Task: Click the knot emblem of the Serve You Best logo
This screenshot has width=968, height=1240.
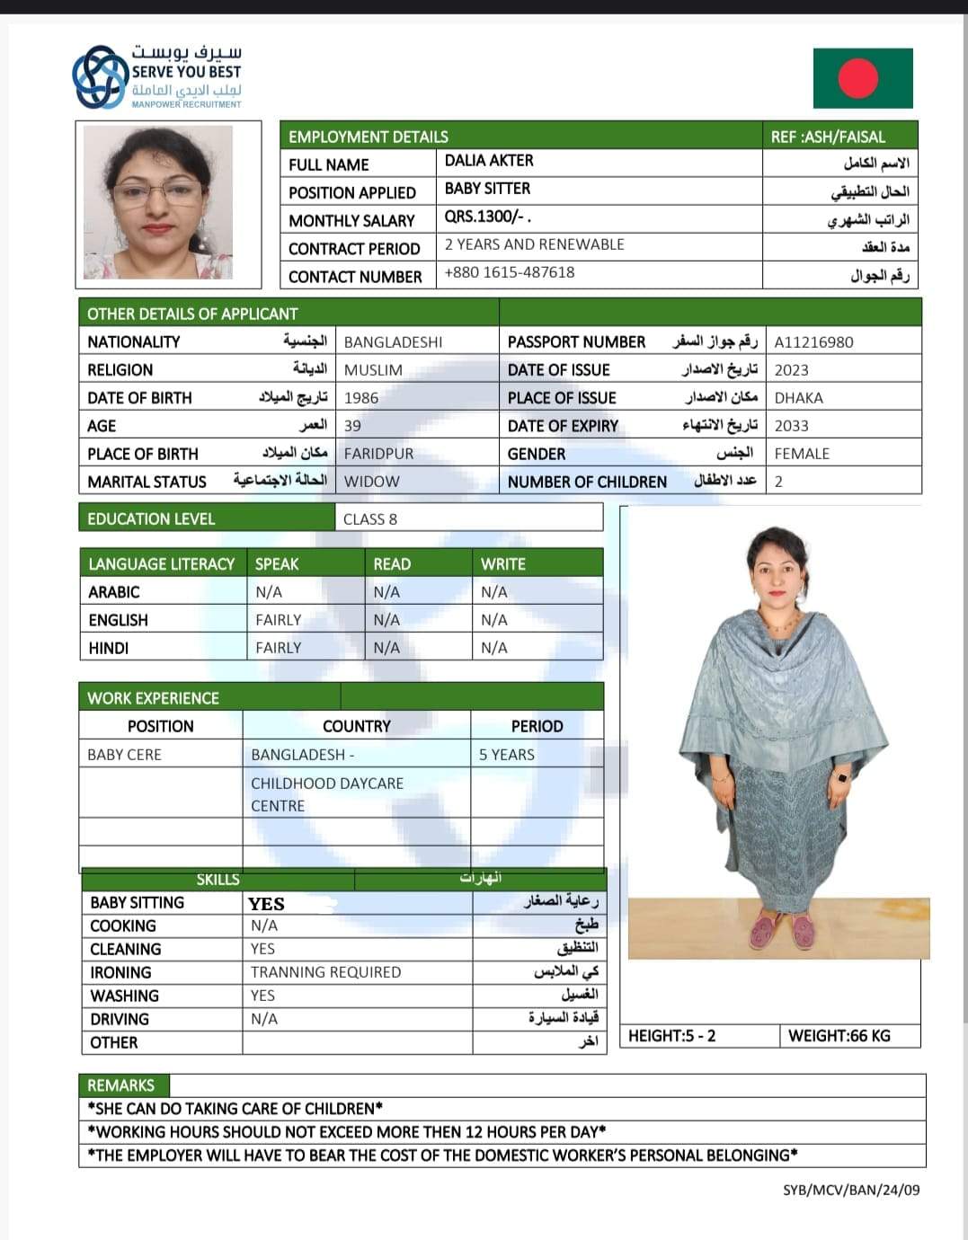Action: [x=100, y=77]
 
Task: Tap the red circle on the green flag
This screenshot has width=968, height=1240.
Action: [x=857, y=78]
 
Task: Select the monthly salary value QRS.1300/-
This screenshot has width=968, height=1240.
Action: [x=487, y=217]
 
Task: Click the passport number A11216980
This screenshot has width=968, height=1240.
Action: [x=813, y=342]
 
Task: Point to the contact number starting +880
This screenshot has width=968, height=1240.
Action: [x=509, y=272]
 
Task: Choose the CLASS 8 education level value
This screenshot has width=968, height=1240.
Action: [x=370, y=519]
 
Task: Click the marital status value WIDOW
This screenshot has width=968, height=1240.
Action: [x=371, y=482]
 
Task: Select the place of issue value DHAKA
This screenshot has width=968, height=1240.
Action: [x=798, y=398]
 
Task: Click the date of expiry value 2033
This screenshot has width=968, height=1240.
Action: [x=791, y=426]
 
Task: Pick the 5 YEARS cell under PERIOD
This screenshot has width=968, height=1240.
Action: [x=507, y=755]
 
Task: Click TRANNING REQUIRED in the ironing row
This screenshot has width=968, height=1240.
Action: [x=325, y=972]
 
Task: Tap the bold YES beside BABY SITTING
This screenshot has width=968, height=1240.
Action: [x=266, y=904]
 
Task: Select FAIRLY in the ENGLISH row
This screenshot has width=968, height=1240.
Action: [x=278, y=620]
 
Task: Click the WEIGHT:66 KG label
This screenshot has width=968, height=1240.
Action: [x=839, y=1036]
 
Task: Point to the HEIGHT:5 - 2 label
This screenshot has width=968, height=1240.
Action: [x=671, y=1036]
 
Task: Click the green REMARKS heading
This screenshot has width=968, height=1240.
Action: [x=121, y=1085]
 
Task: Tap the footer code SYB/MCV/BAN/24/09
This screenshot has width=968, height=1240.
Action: [x=851, y=1190]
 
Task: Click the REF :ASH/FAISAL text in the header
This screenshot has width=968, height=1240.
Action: [x=828, y=137]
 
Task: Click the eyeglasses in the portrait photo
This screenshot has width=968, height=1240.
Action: [x=158, y=190]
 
